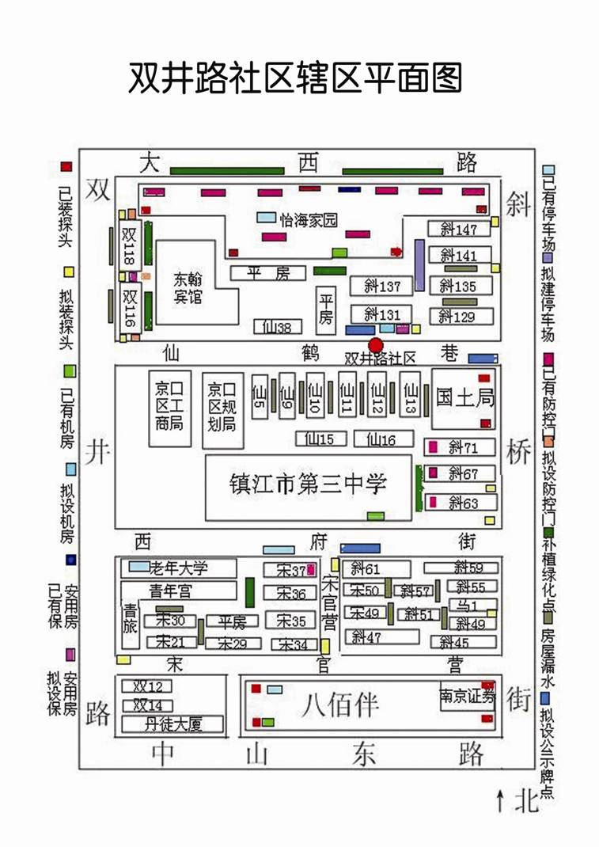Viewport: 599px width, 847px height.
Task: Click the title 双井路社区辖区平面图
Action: (x=294, y=78)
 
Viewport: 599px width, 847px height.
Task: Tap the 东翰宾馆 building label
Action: (x=188, y=287)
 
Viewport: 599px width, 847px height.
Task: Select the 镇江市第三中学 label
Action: (x=308, y=484)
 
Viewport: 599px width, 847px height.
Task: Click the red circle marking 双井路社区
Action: (x=376, y=345)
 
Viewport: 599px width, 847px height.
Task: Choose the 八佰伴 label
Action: (x=340, y=703)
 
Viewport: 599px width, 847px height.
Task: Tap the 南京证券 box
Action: (x=467, y=697)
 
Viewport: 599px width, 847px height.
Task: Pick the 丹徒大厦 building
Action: (x=172, y=724)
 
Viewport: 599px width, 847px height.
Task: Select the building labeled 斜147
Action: (x=460, y=230)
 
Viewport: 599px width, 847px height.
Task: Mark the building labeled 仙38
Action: (x=277, y=326)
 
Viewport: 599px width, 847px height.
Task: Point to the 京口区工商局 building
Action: (x=169, y=405)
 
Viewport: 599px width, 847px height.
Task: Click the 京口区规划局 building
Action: (x=222, y=405)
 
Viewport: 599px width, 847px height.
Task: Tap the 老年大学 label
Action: (x=179, y=568)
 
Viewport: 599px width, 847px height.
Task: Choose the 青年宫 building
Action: (x=179, y=591)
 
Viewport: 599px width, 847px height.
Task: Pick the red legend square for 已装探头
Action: (x=66, y=167)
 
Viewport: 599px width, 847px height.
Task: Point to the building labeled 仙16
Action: (x=384, y=439)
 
